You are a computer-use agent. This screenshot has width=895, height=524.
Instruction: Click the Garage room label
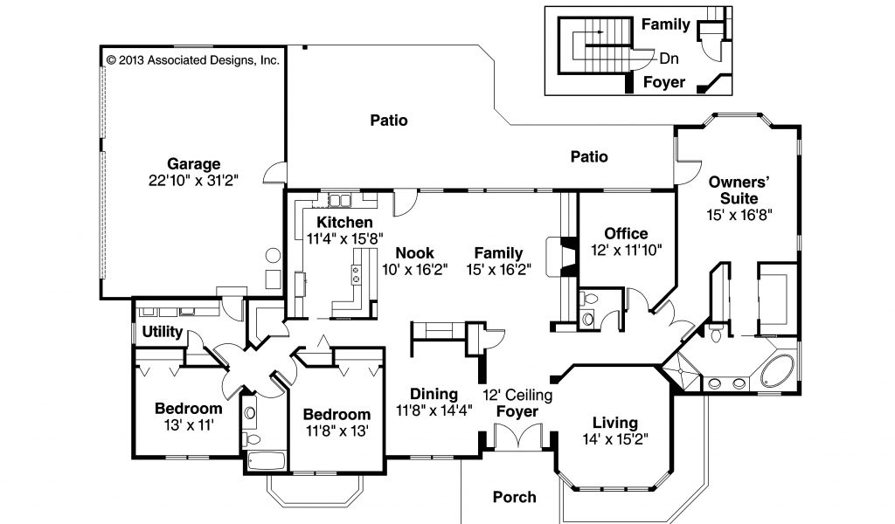point(193,164)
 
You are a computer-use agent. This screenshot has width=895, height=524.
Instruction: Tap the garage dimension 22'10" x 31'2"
point(193,181)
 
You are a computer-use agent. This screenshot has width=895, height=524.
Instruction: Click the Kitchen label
point(344,223)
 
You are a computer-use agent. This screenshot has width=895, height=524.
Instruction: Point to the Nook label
point(415,253)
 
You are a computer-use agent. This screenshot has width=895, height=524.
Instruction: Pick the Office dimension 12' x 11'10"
point(626,250)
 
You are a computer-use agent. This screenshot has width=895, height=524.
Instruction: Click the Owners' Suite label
point(739,190)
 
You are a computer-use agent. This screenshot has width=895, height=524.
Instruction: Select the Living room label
point(614,423)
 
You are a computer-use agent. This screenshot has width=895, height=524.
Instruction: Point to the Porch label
point(514,497)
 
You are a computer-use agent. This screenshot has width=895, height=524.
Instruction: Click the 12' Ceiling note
point(517,395)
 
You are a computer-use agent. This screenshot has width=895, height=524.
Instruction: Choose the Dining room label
point(434,394)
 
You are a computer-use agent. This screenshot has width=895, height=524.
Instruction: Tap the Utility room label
point(162,332)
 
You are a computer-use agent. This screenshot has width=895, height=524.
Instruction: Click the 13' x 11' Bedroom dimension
point(189,425)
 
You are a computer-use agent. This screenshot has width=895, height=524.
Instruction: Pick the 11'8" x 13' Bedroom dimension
point(336,431)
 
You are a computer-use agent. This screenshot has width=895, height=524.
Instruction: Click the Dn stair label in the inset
point(669,59)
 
